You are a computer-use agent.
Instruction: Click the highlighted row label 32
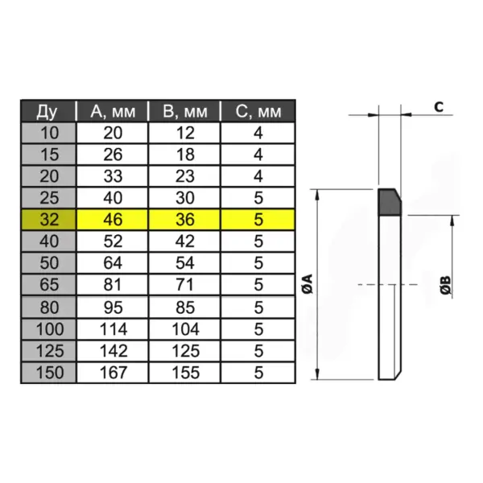pyautogui.click(x=47, y=218)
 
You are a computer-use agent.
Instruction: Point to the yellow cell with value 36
pyautogui.click(x=187, y=218)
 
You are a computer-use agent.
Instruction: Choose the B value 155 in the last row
pyautogui.click(x=187, y=373)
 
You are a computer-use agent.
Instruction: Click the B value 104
pyautogui.click(x=187, y=328)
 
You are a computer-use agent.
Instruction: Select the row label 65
pyautogui.click(x=47, y=284)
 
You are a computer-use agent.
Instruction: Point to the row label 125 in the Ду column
pyautogui.click(x=47, y=351)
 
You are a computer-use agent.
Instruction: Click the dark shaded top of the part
pyautogui.click(x=390, y=202)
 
